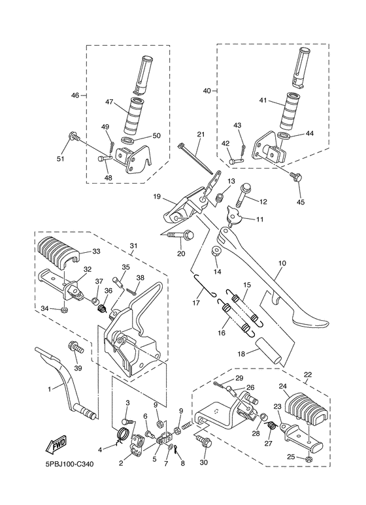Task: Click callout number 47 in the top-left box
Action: (109, 102)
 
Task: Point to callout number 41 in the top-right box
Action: (263, 101)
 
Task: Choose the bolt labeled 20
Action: (179, 235)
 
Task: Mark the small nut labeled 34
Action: (63, 308)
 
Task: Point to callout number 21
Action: (201, 135)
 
